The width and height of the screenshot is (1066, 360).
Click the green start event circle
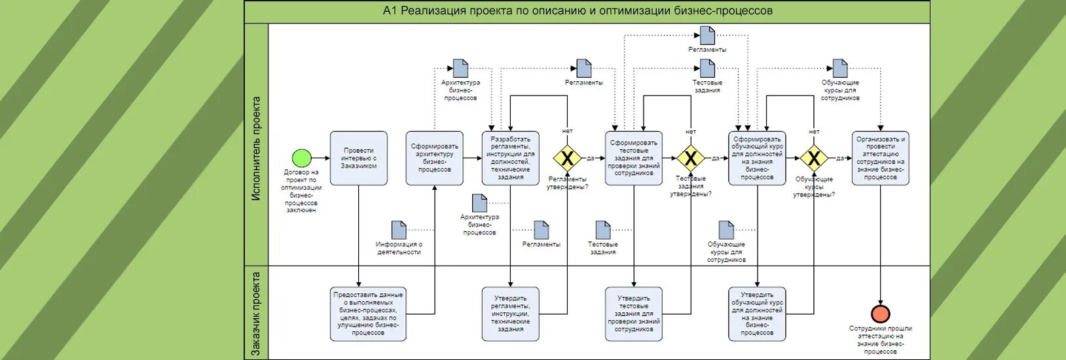[x=301, y=158]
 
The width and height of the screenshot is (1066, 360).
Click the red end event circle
[x=880, y=314]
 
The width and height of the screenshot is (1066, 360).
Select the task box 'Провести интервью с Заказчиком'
[x=359, y=158]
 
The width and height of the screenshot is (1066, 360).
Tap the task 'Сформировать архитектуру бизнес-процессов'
[x=434, y=158]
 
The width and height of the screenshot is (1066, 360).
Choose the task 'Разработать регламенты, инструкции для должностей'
[x=510, y=158]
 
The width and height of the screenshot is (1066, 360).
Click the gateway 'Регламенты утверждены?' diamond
[x=567, y=158]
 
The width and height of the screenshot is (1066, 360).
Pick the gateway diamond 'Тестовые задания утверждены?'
[x=690, y=158]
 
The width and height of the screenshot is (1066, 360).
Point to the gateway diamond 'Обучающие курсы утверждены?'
[x=813, y=158]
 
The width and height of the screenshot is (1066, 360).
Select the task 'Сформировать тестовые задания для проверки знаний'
[x=633, y=158]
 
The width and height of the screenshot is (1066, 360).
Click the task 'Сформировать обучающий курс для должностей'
[x=757, y=158]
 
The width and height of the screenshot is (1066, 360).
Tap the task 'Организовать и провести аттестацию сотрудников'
[x=880, y=158]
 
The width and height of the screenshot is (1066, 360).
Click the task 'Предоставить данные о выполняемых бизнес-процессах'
[x=368, y=314]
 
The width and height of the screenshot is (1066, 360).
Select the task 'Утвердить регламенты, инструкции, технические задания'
[x=510, y=314]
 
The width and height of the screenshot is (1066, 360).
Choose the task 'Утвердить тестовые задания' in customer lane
[x=633, y=314]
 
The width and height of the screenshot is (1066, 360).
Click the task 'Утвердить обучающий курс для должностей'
[x=757, y=314]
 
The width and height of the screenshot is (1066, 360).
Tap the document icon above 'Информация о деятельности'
[x=399, y=230]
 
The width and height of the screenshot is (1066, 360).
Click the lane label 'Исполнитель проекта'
[x=256, y=148]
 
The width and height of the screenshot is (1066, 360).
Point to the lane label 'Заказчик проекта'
[x=256, y=313]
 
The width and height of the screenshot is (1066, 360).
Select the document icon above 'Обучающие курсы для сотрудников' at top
[x=840, y=68]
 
